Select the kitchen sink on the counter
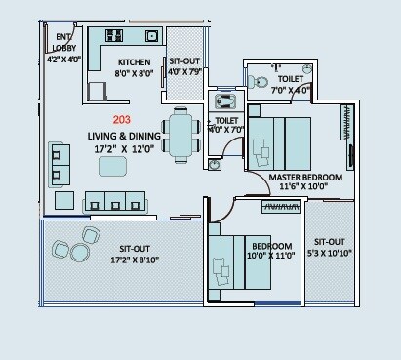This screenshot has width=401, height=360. click(151, 36)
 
